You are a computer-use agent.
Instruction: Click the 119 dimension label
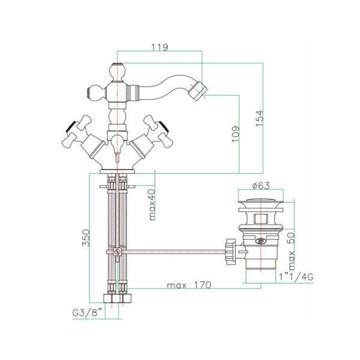[160, 47]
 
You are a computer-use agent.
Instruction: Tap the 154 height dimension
[260, 118]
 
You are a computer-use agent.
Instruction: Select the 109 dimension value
[236, 134]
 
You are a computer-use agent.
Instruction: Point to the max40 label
[152, 205]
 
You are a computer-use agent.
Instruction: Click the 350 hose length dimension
[86, 238]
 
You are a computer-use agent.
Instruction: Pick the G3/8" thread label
[87, 313]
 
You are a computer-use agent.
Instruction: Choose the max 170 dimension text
[189, 285]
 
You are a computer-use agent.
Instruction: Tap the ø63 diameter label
[261, 185]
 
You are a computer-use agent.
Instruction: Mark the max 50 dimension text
[291, 251]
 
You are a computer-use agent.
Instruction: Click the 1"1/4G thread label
[296, 277]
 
